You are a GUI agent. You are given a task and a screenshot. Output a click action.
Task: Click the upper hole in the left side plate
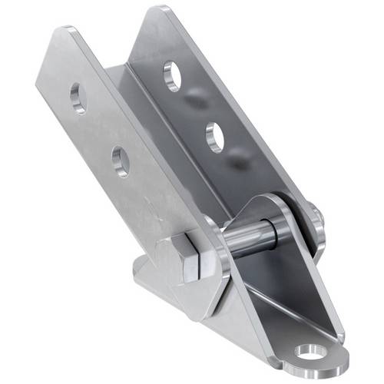[78, 99]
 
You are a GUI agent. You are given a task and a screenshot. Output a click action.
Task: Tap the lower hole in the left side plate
[121, 161]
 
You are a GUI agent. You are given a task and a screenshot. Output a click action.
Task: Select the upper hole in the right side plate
[173, 76]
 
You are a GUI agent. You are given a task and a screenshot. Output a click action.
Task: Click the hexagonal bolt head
[187, 257]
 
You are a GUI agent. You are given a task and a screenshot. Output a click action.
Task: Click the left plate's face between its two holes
[100, 131]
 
